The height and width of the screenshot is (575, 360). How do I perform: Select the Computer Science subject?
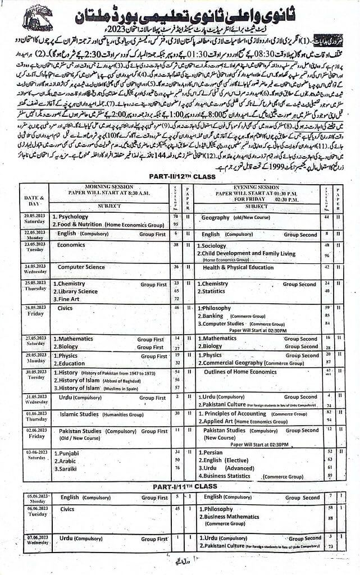point(81,267)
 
